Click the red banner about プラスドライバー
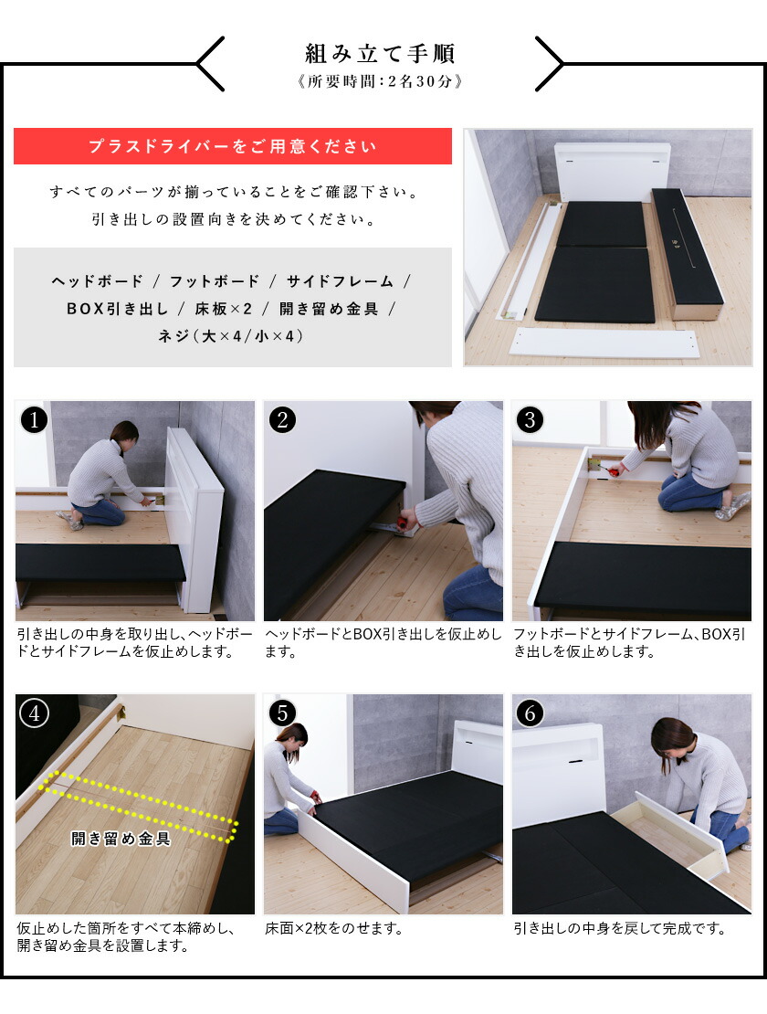[x=232, y=146]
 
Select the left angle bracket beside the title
[x=210, y=64]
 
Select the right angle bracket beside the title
[x=550, y=64]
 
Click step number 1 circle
[x=34, y=420]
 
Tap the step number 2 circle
[x=282, y=420]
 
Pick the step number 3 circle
[x=531, y=420]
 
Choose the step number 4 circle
[x=34, y=713]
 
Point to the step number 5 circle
[x=282, y=713]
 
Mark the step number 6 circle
[x=531, y=713]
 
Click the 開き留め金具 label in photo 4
[x=121, y=839]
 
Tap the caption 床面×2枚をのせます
[x=333, y=929]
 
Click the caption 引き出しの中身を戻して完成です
[x=619, y=929]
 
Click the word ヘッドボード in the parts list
[x=98, y=281]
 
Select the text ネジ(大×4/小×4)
[x=232, y=336]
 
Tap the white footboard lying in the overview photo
[x=604, y=343]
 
